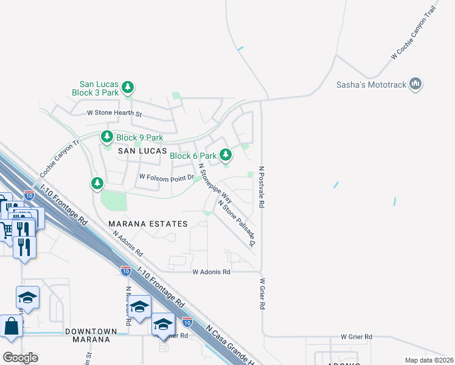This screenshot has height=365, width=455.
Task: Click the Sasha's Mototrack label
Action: tap(371, 85)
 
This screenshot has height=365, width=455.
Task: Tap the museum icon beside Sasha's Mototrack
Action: tap(415, 83)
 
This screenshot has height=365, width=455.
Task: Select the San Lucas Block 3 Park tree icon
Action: tap(128, 88)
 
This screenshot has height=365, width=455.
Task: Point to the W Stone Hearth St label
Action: tap(114, 113)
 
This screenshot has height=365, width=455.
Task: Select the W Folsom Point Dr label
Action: tap(166, 177)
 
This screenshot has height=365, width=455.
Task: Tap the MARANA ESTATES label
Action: tap(148, 224)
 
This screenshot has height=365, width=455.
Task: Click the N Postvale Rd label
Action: tap(262, 187)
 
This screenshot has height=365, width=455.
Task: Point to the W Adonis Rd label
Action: tap(211, 272)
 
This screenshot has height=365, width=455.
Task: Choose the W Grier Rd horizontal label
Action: tap(356, 336)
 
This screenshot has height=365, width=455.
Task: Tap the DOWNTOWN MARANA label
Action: tap(91, 335)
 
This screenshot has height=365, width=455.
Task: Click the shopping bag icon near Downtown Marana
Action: tap(12, 327)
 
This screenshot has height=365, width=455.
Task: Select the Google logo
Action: tap(19, 357)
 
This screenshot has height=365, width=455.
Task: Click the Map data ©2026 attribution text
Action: tap(428, 360)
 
